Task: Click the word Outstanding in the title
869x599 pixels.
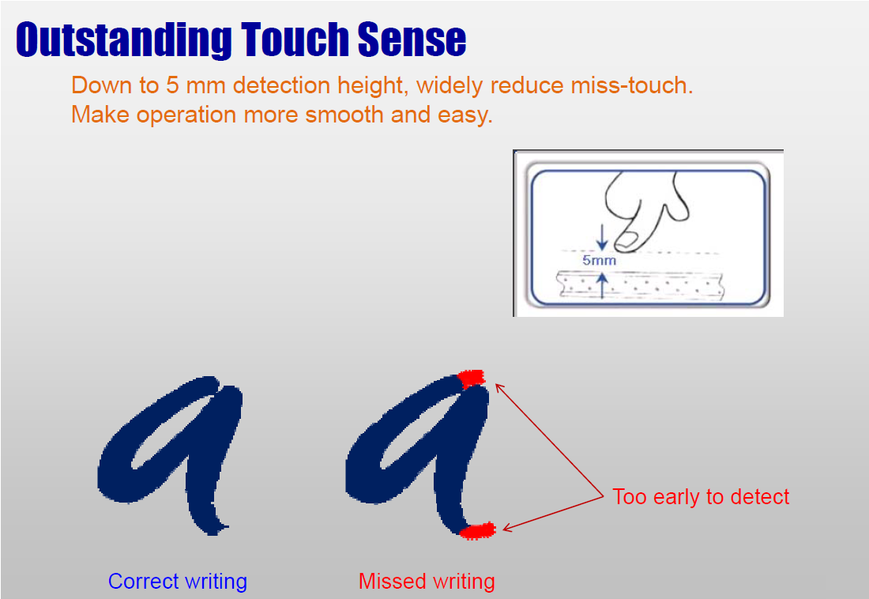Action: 124,40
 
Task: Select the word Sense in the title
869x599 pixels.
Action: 412,40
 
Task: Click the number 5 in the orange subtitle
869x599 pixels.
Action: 172,85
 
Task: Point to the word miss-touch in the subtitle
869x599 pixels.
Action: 632,85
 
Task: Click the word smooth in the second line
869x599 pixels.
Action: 344,115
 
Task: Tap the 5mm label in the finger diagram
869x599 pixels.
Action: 599,260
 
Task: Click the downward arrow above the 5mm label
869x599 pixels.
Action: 602,237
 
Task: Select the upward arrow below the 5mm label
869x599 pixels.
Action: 603,285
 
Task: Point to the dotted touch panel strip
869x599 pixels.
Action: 640,285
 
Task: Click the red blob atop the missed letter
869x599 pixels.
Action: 472,379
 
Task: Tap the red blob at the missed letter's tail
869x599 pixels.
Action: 478,531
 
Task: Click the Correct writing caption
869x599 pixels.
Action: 177,582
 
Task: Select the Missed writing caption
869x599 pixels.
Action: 427,582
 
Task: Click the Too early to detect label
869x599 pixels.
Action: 701,497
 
